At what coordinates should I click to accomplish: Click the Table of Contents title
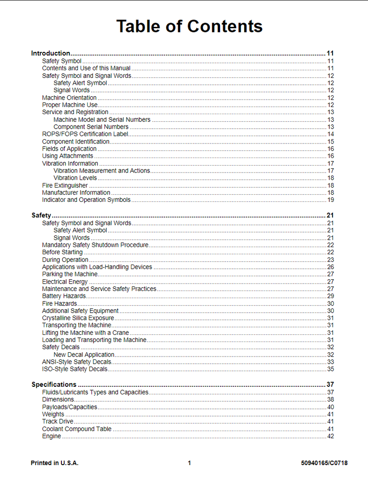pyautogui.click(x=189, y=26)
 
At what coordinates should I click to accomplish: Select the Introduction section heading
pyautogui.click(x=51, y=53)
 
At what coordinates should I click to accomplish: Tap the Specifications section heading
pyautogui.click(x=54, y=384)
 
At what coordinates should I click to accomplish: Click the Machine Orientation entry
pyautogui.click(x=69, y=98)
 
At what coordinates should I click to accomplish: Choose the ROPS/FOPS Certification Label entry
pyautogui.click(x=85, y=134)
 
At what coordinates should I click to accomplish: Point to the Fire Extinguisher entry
pyautogui.click(x=65, y=185)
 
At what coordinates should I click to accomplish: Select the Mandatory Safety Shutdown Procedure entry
pyautogui.click(x=95, y=245)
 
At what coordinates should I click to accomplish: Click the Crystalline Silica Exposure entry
pyautogui.click(x=78, y=318)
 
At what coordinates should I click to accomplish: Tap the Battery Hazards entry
pyautogui.click(x=64, y=296)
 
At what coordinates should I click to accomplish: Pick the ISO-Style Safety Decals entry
pyautogui.click(x=75, y=369)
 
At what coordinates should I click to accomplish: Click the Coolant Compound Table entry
pyautogui.click(x=77, y=429)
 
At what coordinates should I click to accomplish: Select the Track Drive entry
pyautogui.click(x=58, y=421)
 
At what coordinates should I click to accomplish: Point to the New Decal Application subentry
pyautogui.click(x=84, y=355)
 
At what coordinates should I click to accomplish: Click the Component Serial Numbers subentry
pyautogui.click(x=91, y=127)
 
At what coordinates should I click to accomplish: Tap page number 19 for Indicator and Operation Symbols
pyautogui.click(x=331, y=200)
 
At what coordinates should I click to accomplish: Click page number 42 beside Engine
pyautogui.click(x=331, y=436)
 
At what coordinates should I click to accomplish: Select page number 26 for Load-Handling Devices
pyautogui.click(x=331, y=267)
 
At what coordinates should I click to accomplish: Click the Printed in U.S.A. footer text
pyautogui.click(x=55, y=463)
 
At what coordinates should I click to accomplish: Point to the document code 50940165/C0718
pyautogui.click(x=324, y=463)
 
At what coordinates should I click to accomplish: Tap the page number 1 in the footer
pyautogui.click(x=189, y=463)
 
